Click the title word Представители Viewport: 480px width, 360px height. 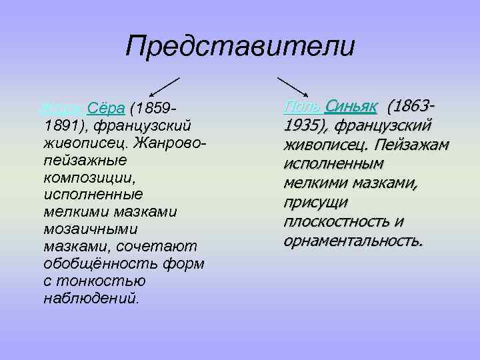[240, 47]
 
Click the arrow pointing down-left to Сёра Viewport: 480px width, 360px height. [164, 87]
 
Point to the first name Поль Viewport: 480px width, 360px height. [301, 107]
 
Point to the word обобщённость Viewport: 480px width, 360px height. [93, 263]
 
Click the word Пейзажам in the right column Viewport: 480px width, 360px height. [417, 145]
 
